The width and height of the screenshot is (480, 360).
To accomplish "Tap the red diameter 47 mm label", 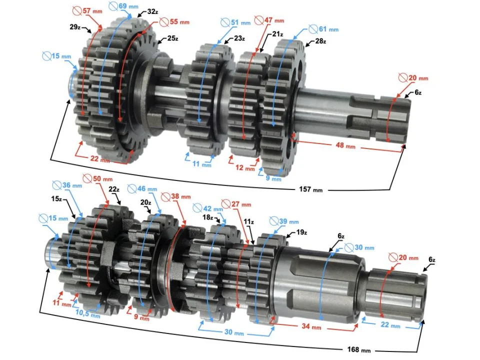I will coord(269,20).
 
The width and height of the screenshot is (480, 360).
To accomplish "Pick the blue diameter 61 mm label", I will coord(323,29).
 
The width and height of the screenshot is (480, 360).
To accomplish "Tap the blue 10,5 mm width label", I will coord(88,315).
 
